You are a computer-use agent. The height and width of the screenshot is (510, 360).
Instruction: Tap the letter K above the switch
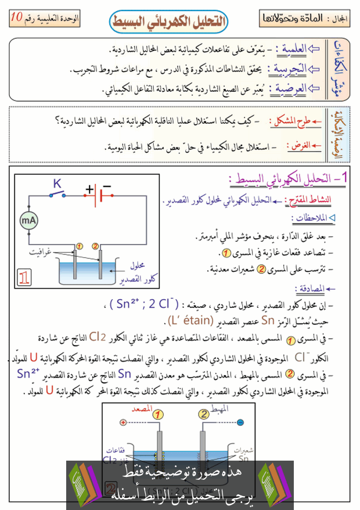(57, 184)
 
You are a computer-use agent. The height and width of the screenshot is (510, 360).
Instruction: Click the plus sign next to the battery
(89, 189)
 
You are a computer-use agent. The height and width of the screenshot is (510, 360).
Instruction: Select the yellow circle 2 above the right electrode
(95, 246)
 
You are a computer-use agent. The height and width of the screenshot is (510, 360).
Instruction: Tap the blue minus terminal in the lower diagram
(239, 423)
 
